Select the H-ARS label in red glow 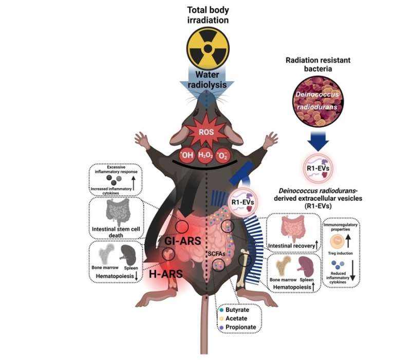pyautogui.click(x=163, y=275)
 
